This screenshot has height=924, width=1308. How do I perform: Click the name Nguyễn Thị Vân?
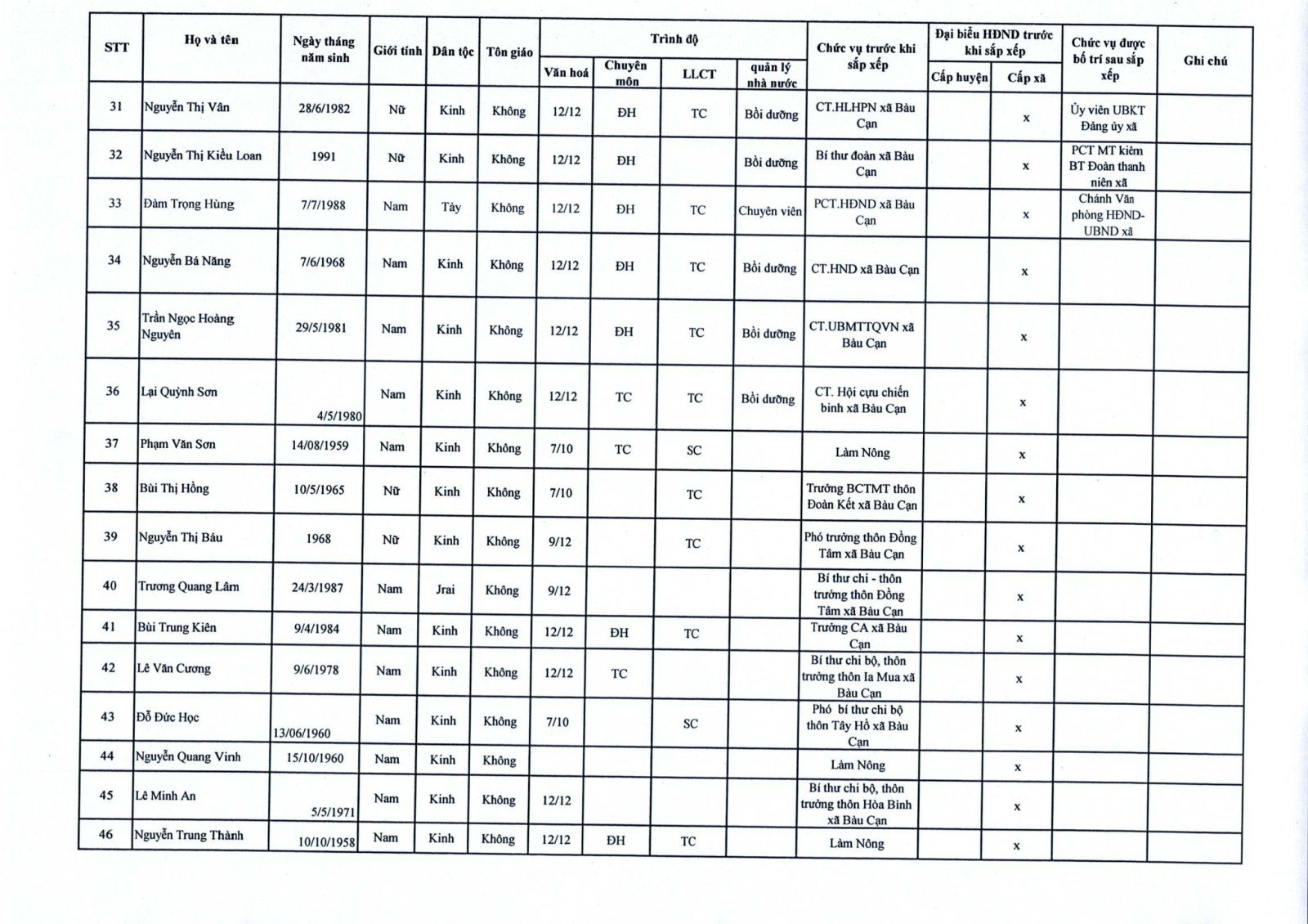point(186,107)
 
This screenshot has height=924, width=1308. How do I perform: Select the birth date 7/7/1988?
point(323,205)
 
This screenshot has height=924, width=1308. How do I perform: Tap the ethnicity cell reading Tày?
point(451,207)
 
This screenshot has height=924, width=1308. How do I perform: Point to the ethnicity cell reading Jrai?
point(445,590)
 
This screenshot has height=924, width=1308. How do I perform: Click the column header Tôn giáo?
point(509,52)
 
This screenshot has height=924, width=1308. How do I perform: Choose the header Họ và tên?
point(211,40)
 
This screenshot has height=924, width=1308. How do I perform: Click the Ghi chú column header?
point(1205,61)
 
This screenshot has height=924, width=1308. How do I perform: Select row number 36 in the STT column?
point(113,391)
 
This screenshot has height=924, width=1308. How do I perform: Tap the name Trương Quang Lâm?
point(188,586)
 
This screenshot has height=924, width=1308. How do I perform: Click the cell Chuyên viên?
point(770,211)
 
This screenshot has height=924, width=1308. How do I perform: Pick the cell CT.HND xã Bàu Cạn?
point(865,269)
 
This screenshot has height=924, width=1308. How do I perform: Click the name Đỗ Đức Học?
point(168,717)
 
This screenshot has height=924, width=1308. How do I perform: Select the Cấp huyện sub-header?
point(959,78)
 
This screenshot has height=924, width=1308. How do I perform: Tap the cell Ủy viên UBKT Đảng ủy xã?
point(1108,118)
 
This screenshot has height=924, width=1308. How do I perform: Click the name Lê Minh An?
point(165,796)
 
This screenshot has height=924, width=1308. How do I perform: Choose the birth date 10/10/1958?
point(326,841)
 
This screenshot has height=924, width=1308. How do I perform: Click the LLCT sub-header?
point(699,74)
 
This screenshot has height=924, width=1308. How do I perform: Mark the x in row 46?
point(1016,846)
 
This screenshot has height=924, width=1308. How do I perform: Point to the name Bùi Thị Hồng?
point(174,488)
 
